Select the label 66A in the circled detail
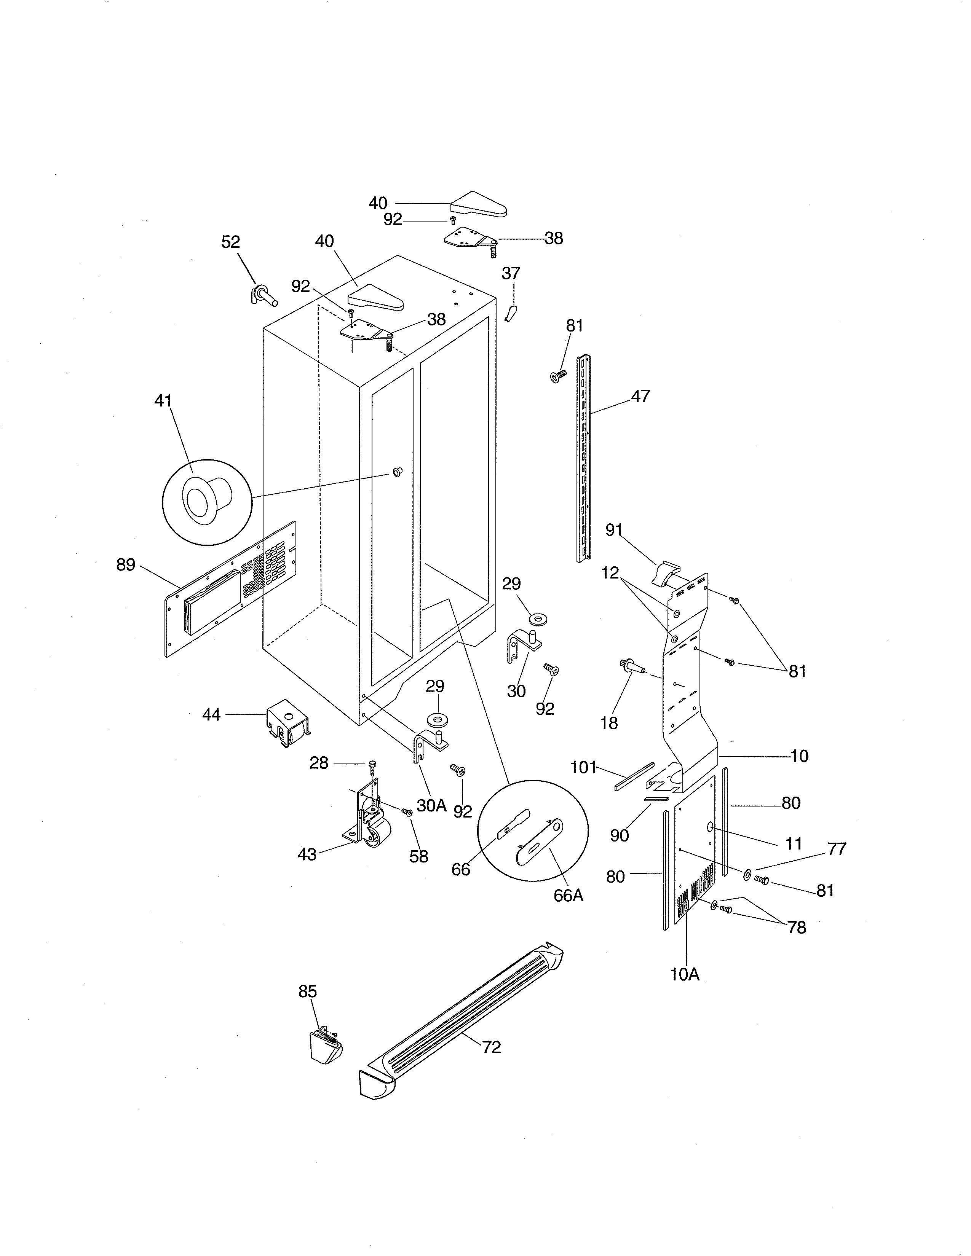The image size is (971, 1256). [569, 896]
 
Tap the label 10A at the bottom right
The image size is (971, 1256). [685, 974]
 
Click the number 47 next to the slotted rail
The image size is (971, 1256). [640, 396]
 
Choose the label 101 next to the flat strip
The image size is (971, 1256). [583, 767]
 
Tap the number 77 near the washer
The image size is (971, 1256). [837, 848]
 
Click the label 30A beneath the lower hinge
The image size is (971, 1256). [431, 805]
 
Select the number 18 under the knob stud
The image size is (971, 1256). [608, 723]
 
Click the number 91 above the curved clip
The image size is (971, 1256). [614, 530]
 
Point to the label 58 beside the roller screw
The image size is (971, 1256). [419, 856]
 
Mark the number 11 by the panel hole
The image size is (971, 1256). [794, 844]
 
